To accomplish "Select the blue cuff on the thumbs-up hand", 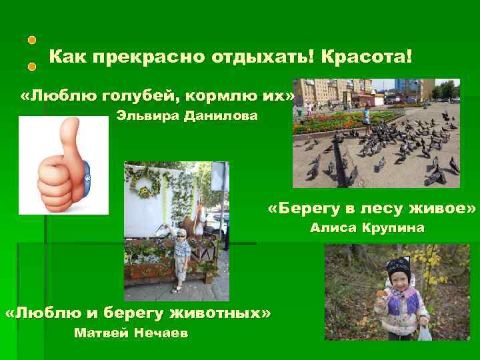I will pos(87,175).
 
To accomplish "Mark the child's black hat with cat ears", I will pos(398,265).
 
